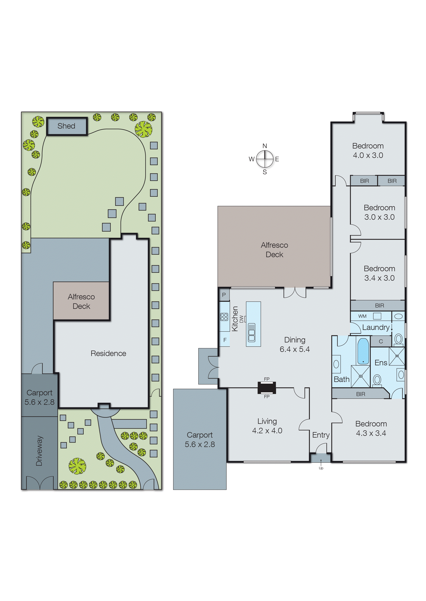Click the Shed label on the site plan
[66, 126]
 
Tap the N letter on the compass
[265, 146]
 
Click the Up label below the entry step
[321, 468]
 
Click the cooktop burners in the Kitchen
[224, 317]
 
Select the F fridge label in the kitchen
[225, 340]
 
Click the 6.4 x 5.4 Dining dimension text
[295, 349]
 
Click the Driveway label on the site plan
[39, 451]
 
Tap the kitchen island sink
[251, 333]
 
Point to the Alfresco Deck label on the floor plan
[274, 250]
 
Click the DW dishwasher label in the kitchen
[241, 319]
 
